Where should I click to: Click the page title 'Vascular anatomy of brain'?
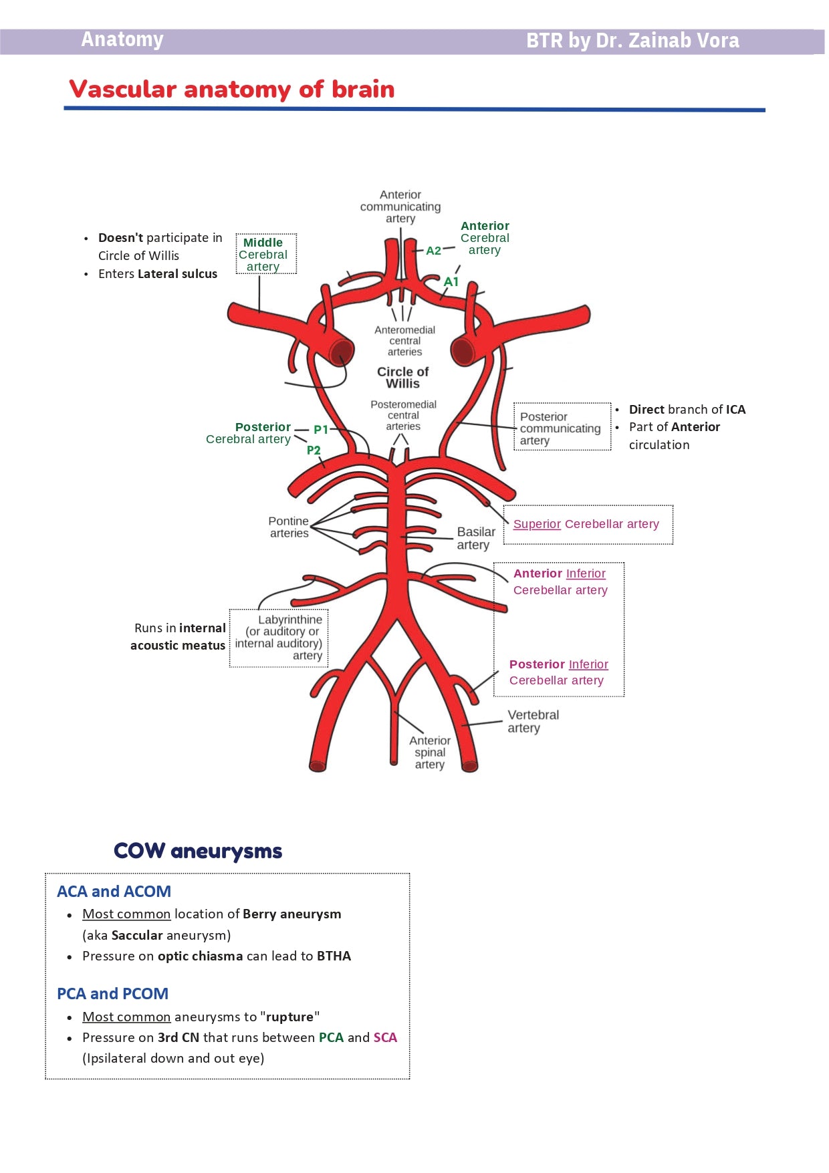(x=231, y=90)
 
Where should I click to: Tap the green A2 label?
(x=433, y=251)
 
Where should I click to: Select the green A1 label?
(x=451, y=281)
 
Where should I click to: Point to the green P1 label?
(x=321, y=430)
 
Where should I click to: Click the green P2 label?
(x=314, y=450)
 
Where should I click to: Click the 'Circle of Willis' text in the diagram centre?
(x=402, y=378)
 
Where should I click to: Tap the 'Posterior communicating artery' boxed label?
(x=560, y=428)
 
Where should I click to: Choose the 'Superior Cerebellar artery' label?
(x=586, y=524)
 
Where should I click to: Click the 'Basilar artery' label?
(x=475, y=538)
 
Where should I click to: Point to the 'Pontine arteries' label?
(x=289, y=527)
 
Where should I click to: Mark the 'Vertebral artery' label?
(x=533, y=721)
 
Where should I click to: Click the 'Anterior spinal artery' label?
(x=430, y=753)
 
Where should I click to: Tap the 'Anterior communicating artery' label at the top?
(x=400, y=207)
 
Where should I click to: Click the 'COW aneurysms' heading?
(x=198, y=851)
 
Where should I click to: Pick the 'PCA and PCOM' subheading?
(x=112, y=994)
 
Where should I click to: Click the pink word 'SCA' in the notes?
(x=385, y=1037)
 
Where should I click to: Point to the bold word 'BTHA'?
(x=334, y=956)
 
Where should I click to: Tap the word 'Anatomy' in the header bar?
(x=122, y=40)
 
